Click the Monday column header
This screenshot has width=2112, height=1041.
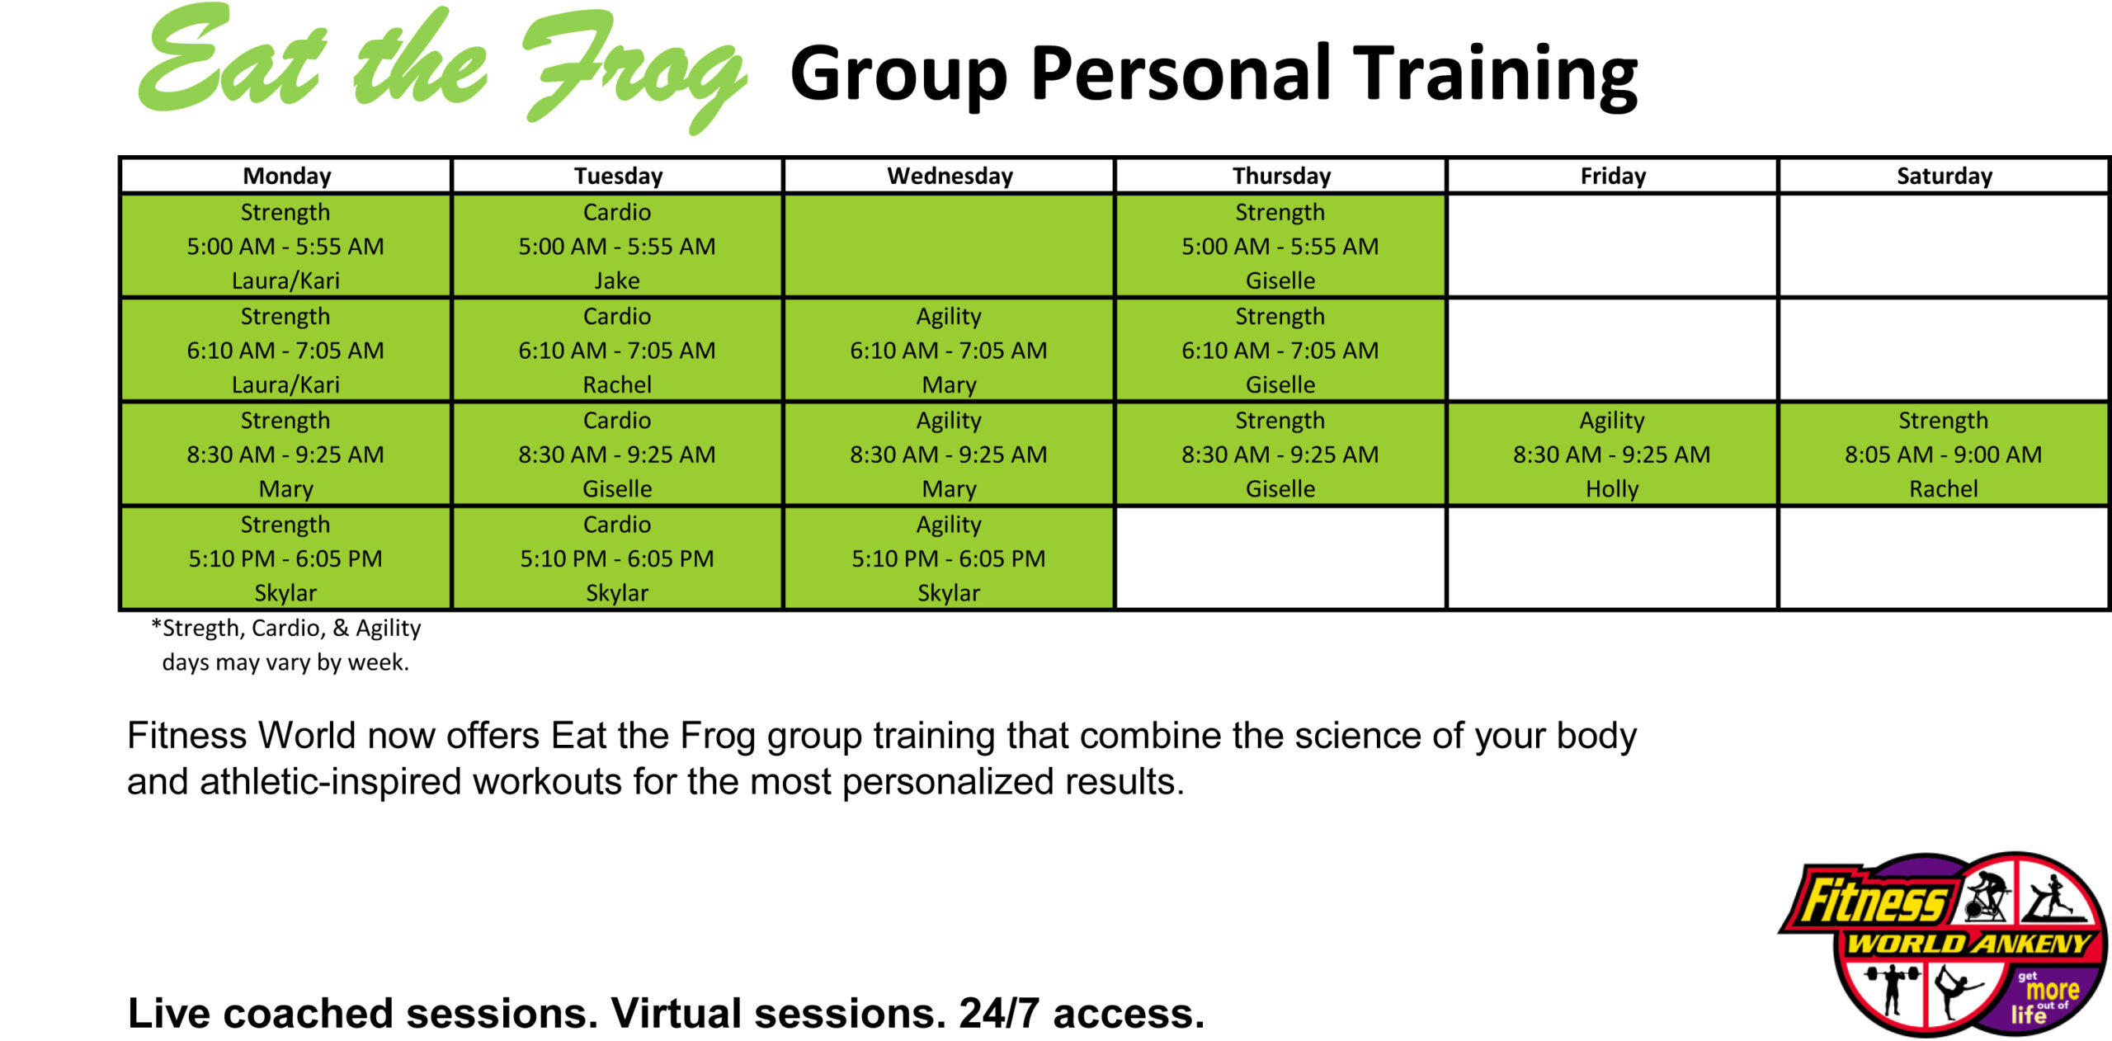[x=286, y=176]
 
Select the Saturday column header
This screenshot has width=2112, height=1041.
[x=1944, y=176]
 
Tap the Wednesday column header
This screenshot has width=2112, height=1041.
[x=950, y=176]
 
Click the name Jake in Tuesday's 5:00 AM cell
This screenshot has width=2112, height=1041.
[x=616, y=280]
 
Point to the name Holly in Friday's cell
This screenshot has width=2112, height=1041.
[x=1611, y=489]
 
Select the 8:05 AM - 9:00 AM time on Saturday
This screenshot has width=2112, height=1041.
[x=1943, y=455]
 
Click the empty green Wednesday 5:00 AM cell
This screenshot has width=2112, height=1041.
[x=949, y=246]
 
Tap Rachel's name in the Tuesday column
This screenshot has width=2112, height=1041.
[x=616, y=384]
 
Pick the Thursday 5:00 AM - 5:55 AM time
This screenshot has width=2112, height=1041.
[x=1280, y=246]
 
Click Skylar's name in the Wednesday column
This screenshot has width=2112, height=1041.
[x=949, y=592]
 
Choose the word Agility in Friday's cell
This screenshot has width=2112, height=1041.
[x=1611, y=421]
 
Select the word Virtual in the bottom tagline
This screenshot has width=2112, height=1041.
[x=667, y=1013]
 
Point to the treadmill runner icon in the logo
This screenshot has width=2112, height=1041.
[x=2054, y=899]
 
